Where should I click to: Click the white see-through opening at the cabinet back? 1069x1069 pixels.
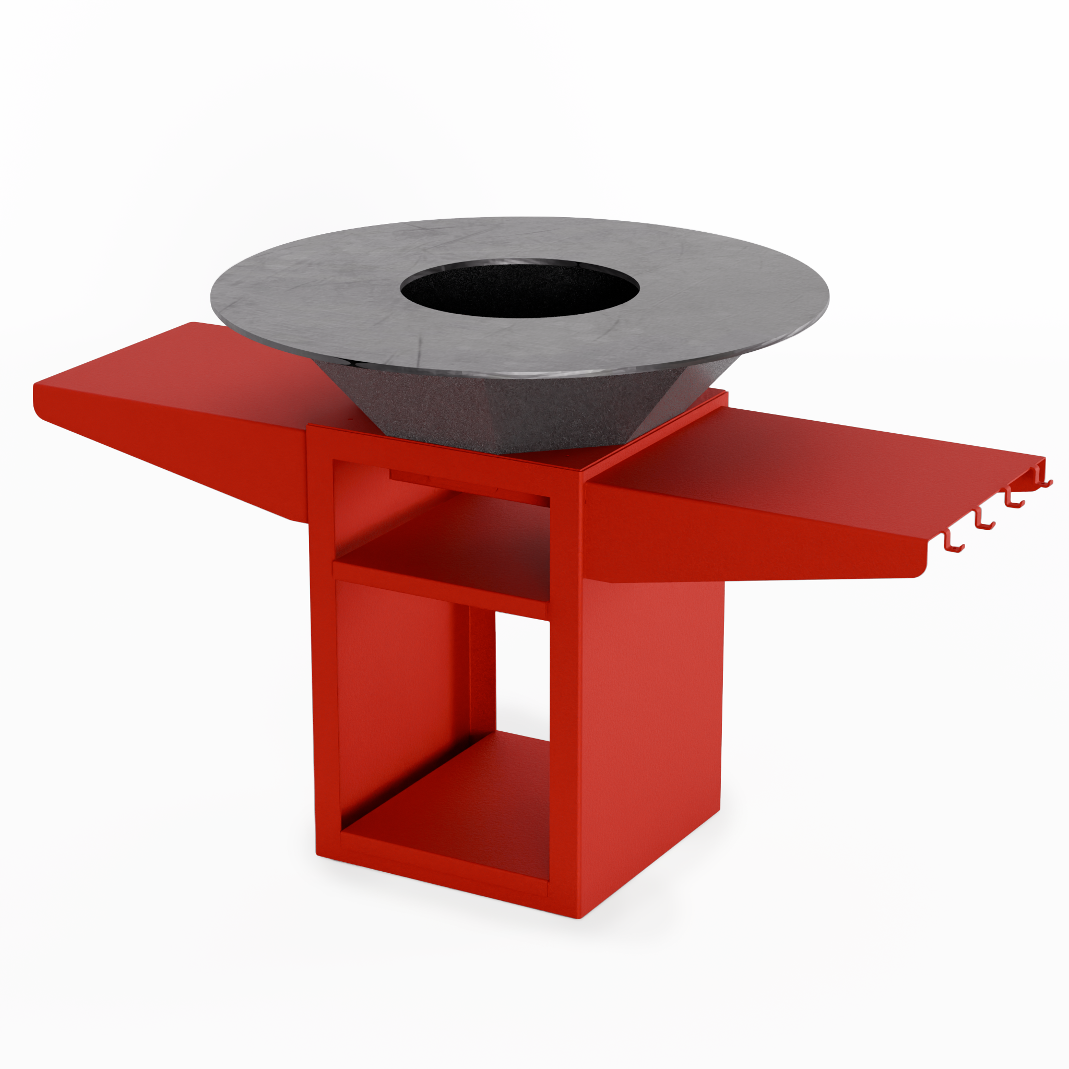pyautogui.click(x=522, y=675)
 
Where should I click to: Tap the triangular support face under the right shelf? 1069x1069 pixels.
pyautogui.click(x=719, y=542)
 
